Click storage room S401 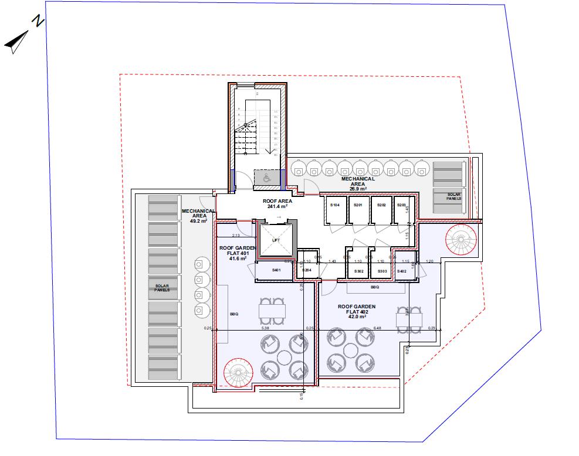277,270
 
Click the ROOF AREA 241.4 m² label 277,203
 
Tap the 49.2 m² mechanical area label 195,216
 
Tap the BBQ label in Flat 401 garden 234,314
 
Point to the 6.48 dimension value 377,328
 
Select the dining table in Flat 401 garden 272,310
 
